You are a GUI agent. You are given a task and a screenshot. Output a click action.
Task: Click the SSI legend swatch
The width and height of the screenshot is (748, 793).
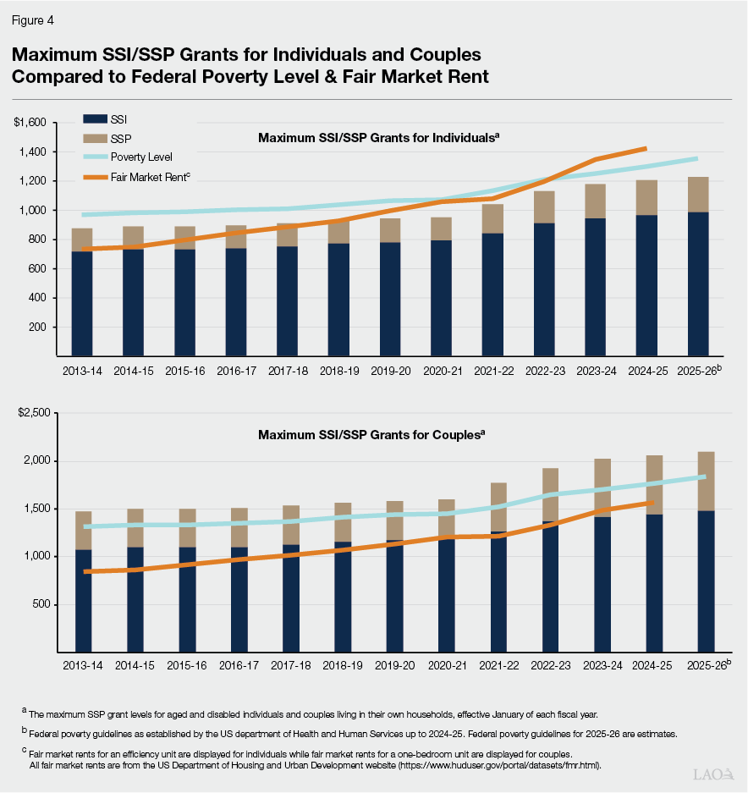[x=96, y=120]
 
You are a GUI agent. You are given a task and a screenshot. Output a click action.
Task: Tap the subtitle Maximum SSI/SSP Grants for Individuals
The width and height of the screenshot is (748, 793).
[x=378, y=137]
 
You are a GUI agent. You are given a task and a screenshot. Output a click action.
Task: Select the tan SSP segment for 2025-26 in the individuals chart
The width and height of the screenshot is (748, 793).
[x=698, y=195]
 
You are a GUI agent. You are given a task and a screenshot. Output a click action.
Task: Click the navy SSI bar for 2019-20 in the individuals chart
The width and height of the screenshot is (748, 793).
[x=390, y=296]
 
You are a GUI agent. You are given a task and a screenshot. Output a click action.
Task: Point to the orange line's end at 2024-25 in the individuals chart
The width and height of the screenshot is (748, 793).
[x=646, y=148]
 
